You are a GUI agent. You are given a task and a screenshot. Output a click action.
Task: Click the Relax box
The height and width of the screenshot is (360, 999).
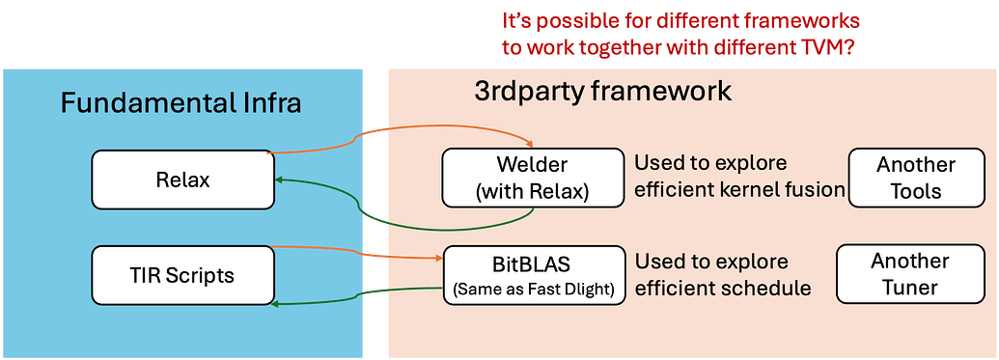pos(182,179)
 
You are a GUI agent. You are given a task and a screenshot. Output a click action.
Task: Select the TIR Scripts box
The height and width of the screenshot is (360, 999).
pos(182,276)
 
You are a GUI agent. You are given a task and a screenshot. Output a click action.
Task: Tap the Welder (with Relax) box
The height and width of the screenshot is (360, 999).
pos(532,177)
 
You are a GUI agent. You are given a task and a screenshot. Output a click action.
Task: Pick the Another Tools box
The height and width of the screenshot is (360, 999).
pos(915,177)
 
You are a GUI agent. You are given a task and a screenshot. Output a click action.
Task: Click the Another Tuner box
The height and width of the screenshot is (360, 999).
pos(909,273)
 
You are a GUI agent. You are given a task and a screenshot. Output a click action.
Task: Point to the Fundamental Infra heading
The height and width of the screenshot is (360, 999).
pos(181,102)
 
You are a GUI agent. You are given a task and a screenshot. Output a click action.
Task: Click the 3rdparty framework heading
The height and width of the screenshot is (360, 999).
pos(603,92)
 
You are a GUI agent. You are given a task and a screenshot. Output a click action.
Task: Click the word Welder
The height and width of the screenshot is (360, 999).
pos(532,165)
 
